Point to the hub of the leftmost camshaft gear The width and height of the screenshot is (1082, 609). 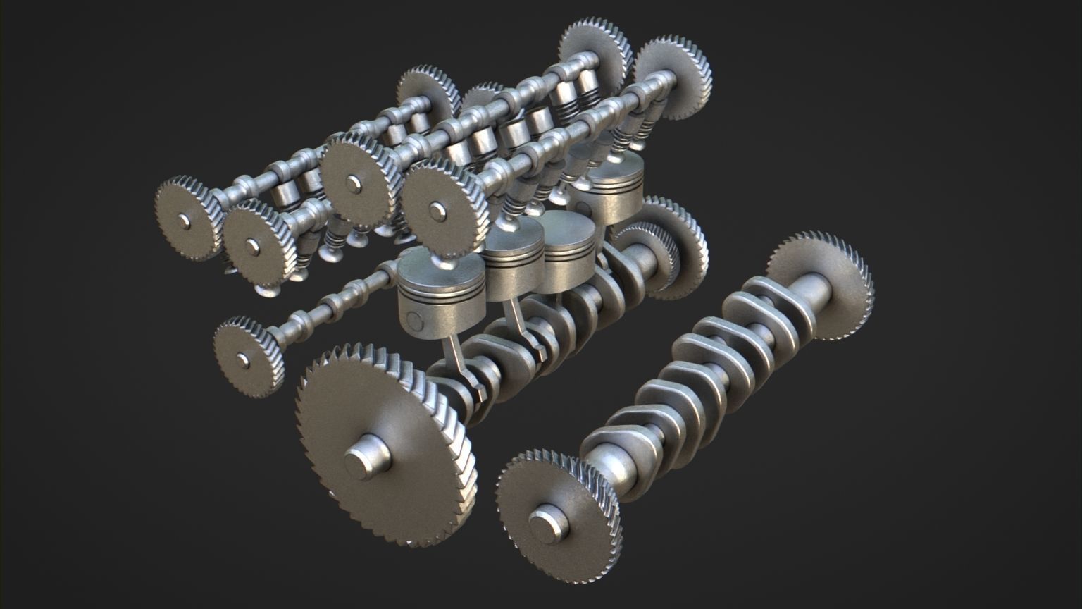(x=185, y=221)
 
